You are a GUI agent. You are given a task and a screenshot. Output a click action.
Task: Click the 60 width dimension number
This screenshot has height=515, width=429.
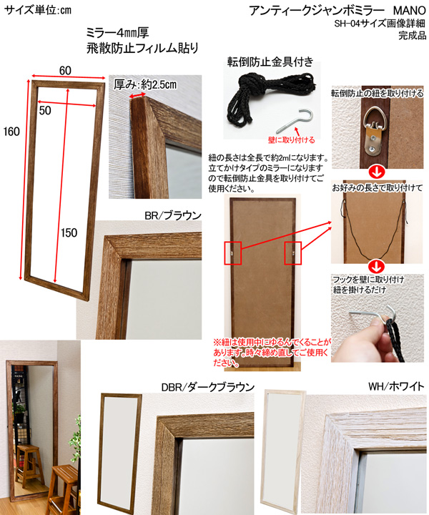pos(65,71)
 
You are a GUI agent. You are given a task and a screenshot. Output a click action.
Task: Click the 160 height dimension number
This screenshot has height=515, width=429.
pos(12,132)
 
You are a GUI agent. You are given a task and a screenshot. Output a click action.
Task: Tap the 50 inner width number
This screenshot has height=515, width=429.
pos(45,111)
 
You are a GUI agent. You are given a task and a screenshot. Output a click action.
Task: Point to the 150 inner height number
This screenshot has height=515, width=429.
pos(69,233)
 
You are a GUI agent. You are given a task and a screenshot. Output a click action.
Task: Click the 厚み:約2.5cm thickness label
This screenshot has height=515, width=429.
pos(145,84)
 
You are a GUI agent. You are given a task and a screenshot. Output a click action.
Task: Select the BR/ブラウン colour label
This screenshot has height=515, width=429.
pos(173,215)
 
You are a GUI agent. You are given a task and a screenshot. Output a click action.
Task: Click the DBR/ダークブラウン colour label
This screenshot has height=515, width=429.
pos(208,387)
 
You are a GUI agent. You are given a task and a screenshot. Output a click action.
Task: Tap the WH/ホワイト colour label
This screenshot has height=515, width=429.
pos(397,386)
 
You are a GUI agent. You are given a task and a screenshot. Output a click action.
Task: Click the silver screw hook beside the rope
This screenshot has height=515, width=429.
pos(295,121)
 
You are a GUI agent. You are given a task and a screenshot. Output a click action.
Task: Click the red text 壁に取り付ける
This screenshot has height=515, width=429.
pos(292,140)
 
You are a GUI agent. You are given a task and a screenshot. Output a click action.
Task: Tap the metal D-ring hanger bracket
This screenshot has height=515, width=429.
pos(375,131)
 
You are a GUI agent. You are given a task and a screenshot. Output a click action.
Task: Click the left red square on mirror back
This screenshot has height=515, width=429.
pos(232,253)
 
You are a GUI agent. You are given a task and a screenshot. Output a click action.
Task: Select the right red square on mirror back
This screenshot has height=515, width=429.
pos(292,253)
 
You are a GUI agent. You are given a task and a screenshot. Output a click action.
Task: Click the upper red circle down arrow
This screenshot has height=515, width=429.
pos(376,173)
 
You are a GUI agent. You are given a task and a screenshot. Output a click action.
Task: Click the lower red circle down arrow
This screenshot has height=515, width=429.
pos(376,267)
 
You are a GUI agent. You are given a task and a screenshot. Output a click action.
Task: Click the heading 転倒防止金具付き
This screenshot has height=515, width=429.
pos(270,62)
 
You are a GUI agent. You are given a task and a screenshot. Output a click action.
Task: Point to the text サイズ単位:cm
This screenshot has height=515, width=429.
pos(37,10)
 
